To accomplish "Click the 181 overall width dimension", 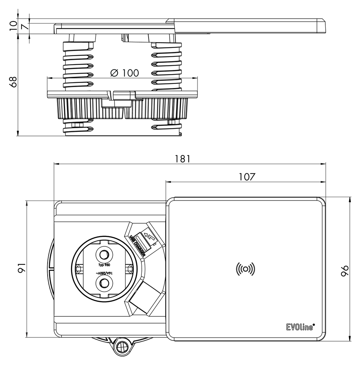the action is (183, 159).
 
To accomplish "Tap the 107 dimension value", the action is (247, 177).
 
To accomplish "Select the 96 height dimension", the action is (345, 271).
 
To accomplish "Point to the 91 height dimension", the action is (21, 268).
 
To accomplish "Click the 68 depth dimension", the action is (13, 82).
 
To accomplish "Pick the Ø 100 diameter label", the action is (124, 73).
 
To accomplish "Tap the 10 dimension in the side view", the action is (14, 25).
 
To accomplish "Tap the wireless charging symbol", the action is (245, 269).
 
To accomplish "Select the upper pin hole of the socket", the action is (104, 254).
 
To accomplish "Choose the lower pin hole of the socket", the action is (104, 283).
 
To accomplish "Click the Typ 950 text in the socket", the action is (104, 265).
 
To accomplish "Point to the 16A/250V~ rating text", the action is (104, 273).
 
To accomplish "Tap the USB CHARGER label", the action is (137, 246).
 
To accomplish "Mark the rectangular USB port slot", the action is (141, 242).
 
